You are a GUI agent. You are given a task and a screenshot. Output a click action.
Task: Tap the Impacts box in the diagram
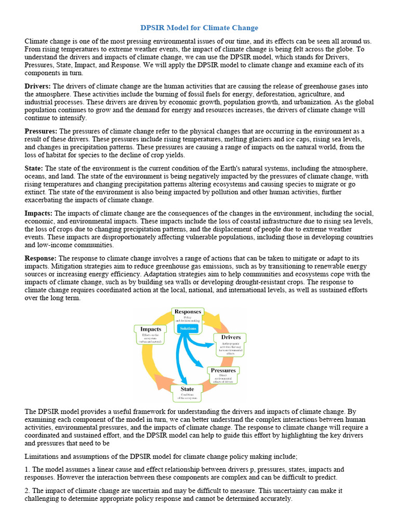[151, 335]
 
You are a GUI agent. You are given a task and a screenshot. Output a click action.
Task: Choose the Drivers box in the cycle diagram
[231, 344]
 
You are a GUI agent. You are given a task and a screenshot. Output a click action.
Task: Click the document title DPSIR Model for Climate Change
[199, 28]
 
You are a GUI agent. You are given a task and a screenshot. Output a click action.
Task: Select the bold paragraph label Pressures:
[41, 131]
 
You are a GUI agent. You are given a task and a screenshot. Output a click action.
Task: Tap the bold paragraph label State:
[34, 168]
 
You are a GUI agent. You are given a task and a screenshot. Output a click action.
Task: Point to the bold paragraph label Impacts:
[39, 214]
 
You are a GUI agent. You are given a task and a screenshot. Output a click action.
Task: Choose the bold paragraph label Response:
[41, 258]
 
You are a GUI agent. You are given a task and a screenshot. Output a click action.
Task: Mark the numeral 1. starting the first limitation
[28, 469]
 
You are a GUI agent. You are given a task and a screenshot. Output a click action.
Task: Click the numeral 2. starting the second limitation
[28, 490]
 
